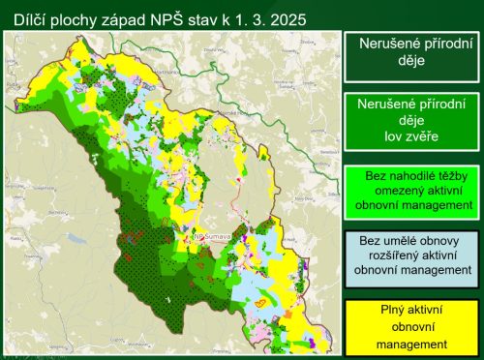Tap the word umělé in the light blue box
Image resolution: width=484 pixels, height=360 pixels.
400,240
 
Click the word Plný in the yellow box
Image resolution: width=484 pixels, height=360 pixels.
372,313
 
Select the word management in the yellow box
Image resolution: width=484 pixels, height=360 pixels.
411,344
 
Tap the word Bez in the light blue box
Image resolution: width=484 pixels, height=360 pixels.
367,240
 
